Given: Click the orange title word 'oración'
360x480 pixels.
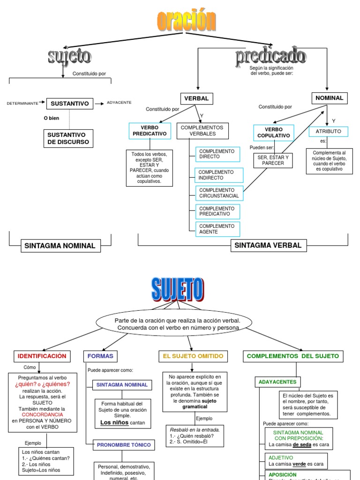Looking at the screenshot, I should [186, 21].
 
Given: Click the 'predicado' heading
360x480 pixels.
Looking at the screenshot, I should [270, 57].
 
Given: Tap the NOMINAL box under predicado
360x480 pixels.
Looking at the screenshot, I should [329, 98].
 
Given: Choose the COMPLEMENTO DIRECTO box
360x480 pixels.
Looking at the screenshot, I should [217, 154].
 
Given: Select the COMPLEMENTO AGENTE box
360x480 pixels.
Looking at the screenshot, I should [217, 229].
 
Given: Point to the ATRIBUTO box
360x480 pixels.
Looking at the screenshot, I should [328, 131].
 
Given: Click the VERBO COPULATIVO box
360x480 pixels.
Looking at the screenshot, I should [274, 133].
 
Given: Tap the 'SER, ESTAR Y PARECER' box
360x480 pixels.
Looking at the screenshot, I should [273, 160].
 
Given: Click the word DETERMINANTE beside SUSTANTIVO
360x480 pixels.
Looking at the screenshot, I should [22, 103].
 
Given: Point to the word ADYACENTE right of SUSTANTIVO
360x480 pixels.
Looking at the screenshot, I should [119, 103].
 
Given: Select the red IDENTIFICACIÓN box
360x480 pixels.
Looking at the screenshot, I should [42, 356].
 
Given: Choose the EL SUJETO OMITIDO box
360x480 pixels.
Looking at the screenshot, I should [193, 356].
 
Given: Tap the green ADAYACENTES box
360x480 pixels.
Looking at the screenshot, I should [277, 382].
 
